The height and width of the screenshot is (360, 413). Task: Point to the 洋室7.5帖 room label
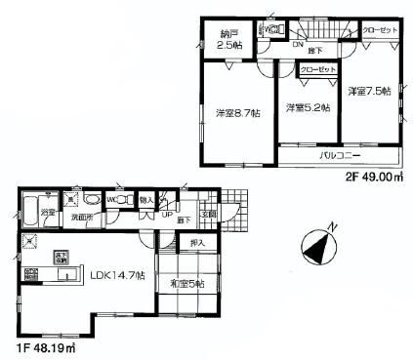(x=369, y=91)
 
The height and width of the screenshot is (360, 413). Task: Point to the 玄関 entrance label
(x=209, y=215)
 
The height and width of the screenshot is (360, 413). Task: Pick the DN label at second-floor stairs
(x=297, y=44)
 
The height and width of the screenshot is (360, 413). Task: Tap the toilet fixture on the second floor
(x=276, y=30)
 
